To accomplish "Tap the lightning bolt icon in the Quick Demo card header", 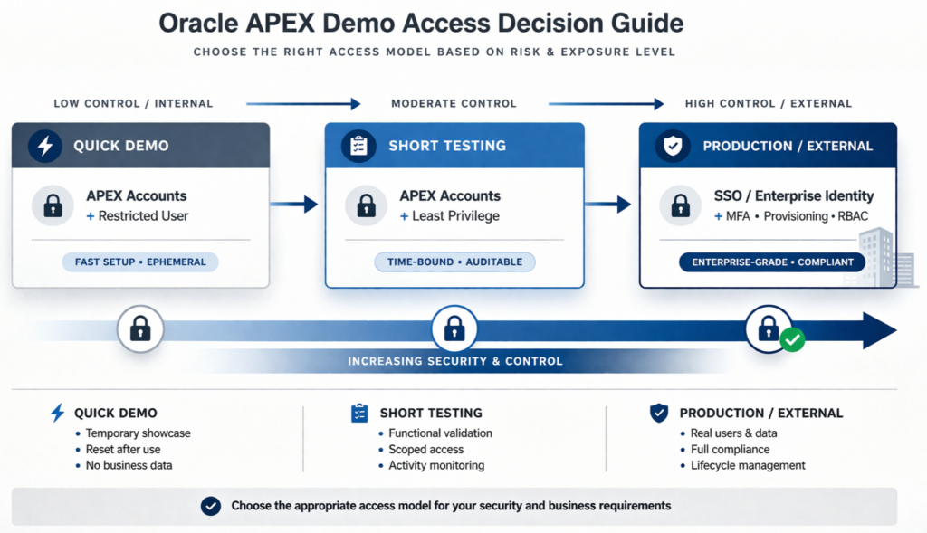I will tap(45, 146).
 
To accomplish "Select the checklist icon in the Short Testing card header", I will tap(358, 146).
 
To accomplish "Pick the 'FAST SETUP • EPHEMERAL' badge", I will tap(140, 262).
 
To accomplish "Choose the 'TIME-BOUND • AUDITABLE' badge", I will tap(454, 262).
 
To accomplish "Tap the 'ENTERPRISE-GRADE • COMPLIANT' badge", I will tap(772, 262).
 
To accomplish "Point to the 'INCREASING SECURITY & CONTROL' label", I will tap(455, 361).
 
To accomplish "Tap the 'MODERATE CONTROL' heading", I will tap(454, 104).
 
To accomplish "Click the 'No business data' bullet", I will tap(129, 465).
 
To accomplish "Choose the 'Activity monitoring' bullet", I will tap(436, 465).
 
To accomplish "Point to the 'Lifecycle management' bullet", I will tap(741, 465).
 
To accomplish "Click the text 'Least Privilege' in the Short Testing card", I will tap(455, 216).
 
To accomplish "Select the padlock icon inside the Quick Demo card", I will tap(53, 205).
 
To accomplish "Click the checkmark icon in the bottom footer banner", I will tap(211, 506).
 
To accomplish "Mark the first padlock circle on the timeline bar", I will tap(140, 328).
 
